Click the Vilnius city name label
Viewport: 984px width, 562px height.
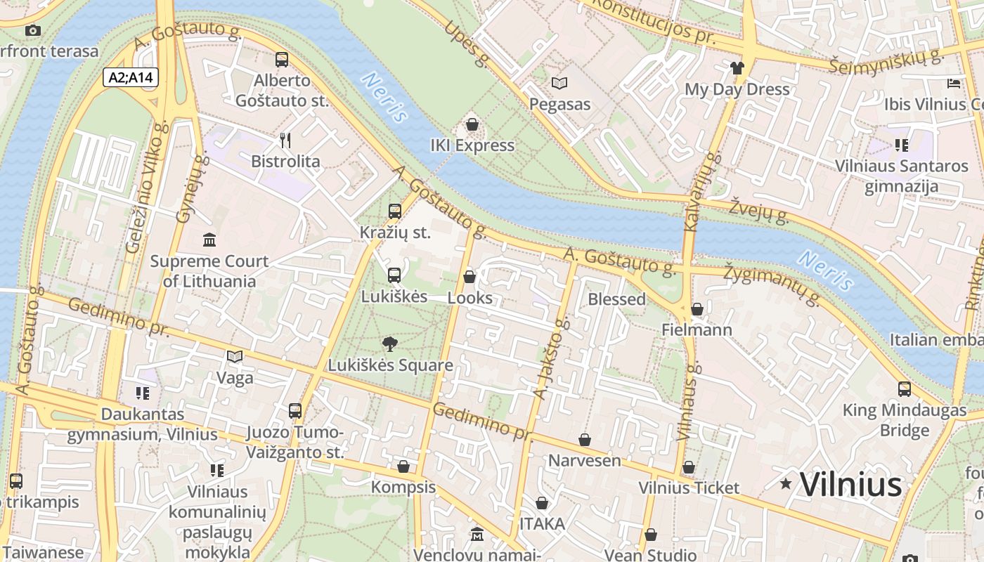tap(850, 485)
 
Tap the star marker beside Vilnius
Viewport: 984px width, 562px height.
tap(786, 483)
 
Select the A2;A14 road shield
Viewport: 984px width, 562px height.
tap(131, 77)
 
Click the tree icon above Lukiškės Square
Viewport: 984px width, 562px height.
tap(389, 344)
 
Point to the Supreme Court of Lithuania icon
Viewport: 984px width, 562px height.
tap(209, 240)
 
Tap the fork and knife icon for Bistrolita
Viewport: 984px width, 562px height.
tap(285, 140)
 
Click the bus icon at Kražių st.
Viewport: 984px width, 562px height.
tap(395, 211)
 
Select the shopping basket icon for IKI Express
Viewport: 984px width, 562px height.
tap(472, 125)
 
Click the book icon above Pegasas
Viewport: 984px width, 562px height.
tap(559, 84)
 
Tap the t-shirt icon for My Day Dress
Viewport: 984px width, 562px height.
tap(737, 68)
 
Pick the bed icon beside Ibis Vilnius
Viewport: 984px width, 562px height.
tap(954, 84)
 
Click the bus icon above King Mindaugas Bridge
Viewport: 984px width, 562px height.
tap(905, 388)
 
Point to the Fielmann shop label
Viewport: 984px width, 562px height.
tap(697, 329)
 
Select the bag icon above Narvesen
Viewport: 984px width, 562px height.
tap(584, 440)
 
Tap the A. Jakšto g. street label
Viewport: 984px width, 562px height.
tap(550, 358)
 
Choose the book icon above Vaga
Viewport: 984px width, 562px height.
tap(235, 357)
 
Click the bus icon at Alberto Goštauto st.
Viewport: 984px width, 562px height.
tap(282, 60)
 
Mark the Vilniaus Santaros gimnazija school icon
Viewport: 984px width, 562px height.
tap(902, 145)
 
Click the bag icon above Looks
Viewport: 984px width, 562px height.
tap(470, 277)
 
